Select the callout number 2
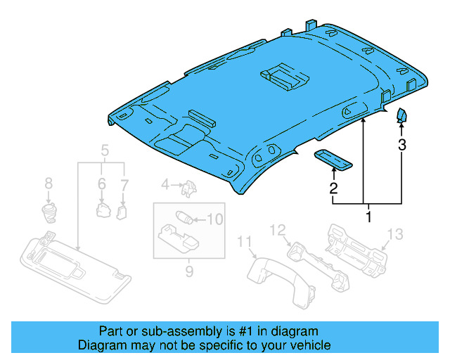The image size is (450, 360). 333,188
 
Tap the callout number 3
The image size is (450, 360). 402,146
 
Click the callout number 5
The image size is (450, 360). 105,150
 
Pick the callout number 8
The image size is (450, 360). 49,184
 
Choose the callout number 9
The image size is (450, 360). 188,270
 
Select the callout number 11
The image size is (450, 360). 244,242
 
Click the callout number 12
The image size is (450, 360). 278,229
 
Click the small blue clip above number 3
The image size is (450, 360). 402,115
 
